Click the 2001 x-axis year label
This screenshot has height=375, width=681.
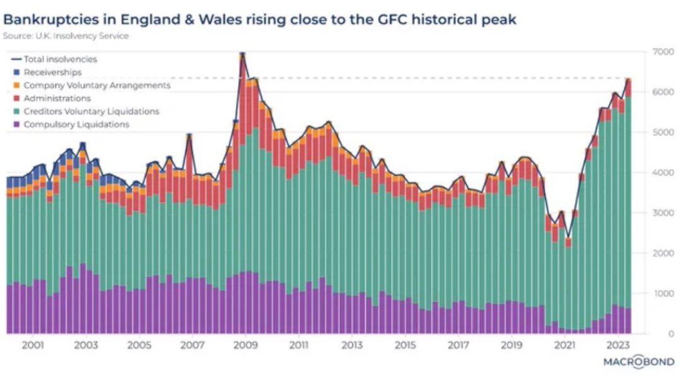tap(32, 346)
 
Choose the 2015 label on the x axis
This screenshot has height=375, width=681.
tap(405, 346)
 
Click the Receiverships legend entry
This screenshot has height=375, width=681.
tap(52, 72)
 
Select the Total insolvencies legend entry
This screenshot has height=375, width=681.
tap(61, 59)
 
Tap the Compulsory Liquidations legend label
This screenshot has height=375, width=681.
tap(76, 125)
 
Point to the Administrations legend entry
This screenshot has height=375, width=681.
tap(57, 98)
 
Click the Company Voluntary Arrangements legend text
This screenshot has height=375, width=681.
tap(97, 85)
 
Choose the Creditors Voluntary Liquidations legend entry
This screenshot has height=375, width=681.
tap(91, 112)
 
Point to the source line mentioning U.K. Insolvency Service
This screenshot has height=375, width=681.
tap(66, 36)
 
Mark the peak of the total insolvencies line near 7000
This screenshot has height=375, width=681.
tap(242, 55)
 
